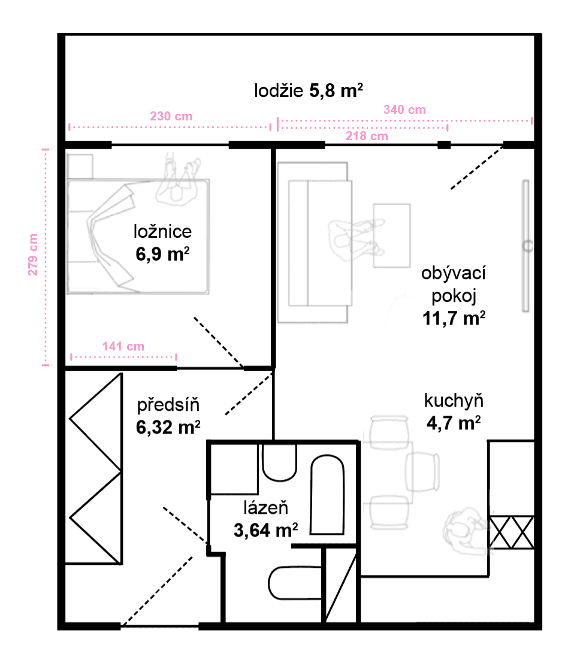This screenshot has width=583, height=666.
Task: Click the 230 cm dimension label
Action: [171, 116]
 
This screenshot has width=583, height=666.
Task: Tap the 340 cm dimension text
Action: [404, 110]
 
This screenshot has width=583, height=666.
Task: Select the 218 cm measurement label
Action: [367, 136]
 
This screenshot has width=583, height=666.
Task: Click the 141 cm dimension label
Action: [123, 346]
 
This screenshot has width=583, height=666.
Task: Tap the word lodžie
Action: [279, 91]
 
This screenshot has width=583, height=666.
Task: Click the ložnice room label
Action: [162, 232]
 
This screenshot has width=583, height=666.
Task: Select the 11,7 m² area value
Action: [454, 317]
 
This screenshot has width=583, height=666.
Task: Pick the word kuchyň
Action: [454, 400]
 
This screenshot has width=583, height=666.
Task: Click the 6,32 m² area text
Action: [168, 426]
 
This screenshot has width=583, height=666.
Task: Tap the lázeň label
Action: [266, 508]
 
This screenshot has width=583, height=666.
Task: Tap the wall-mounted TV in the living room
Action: [525, 246]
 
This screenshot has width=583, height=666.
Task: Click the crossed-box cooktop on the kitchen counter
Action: [512, 531]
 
